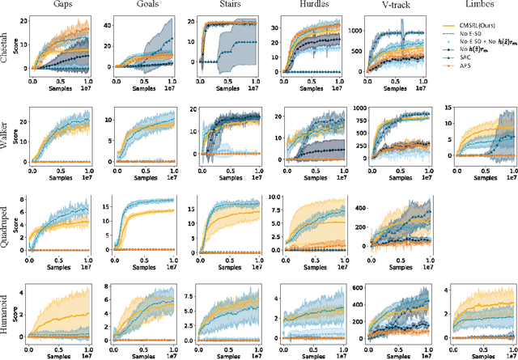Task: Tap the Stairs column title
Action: click(x=219, y=6)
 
